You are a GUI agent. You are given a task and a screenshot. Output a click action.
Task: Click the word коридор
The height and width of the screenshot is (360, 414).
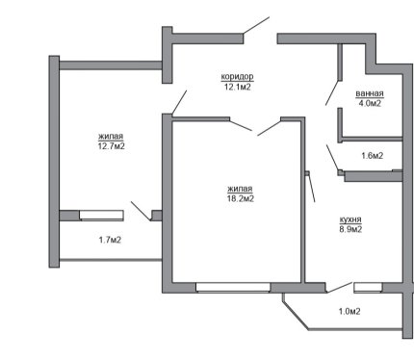tap(237, 77)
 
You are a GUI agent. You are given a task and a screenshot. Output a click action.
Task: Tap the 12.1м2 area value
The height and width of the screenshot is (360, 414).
tap(237, 87)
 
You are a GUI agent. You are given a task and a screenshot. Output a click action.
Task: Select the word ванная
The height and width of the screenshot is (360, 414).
tap(370, 93)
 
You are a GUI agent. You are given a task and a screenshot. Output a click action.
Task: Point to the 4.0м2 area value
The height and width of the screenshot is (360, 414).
tap(370, 103)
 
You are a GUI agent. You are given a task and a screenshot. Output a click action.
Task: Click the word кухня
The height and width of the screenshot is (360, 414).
tap(350, 219)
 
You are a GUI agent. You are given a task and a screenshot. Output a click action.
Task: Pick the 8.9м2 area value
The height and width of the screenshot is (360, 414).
tap(350, 229)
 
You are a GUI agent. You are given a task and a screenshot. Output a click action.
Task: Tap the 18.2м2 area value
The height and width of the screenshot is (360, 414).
tap(241, 198)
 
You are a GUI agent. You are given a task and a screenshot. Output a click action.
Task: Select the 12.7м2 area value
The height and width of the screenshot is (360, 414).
tap(111, 146)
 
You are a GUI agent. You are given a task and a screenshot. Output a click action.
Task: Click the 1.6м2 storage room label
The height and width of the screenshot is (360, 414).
tap(372, 156)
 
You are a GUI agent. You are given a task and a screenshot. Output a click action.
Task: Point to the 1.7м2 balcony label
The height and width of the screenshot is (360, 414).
tap(110, 240)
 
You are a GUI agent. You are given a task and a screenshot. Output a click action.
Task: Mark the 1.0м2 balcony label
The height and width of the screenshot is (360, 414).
tap(349, 311)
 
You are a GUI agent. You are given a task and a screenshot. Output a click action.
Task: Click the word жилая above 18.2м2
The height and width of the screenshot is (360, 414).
tap(240, 189)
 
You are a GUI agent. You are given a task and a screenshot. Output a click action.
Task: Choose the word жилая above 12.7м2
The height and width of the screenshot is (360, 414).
tap(111, 137)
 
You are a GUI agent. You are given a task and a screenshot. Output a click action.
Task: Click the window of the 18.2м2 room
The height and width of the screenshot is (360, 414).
tap(233, 287)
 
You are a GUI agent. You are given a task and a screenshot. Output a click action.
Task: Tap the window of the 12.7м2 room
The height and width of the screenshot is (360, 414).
tap(101, 216)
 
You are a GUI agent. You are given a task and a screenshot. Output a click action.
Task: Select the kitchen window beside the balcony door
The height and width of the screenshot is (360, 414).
tap(368, 288)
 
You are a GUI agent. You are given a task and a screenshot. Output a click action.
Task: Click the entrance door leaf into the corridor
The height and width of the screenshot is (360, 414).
tap(256, 25)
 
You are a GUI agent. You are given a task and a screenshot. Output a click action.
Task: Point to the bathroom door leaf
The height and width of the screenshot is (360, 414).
tap(332, 92)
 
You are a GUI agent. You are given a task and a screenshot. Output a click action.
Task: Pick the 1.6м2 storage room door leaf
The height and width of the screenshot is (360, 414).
tap(332, 158)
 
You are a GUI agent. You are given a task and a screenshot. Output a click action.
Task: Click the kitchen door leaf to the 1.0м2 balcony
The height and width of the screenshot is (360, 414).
tap(340, 288)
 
